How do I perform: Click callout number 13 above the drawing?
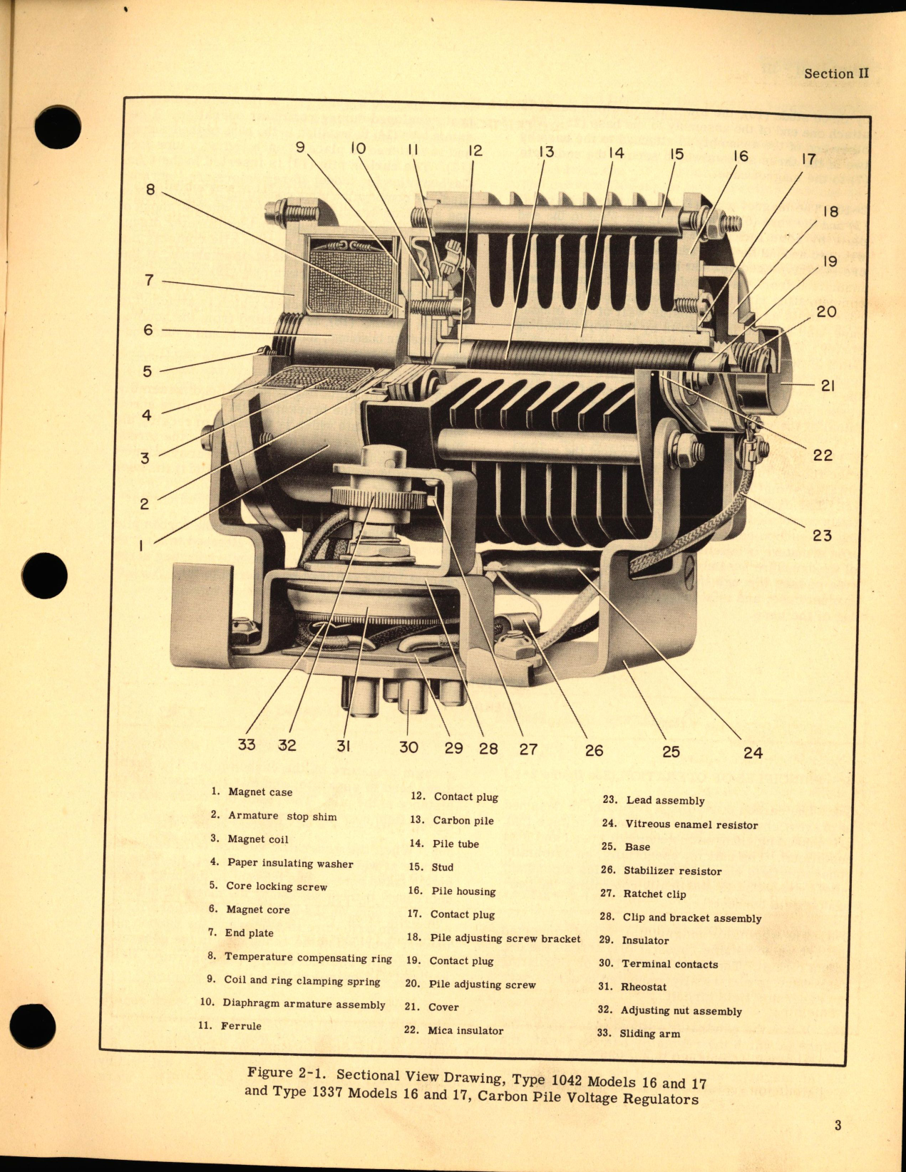(x=545, y=152)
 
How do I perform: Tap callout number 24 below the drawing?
(x=753, y=752)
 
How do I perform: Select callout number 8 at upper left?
(x=150, y=190)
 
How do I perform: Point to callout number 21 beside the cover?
(x=827, y=385)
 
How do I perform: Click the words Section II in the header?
(x=836, y=73)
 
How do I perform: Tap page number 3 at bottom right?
(x=838, y=1125)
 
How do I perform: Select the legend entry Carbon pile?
(x=463, y=820)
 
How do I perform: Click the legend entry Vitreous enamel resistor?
(x=691, y=824)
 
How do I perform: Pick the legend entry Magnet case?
(x=259, y=792)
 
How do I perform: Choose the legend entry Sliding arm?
(x=649, y=1033)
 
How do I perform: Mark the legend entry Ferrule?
(x=240, y=1026)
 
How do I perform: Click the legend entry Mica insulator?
(x=465, y=1030)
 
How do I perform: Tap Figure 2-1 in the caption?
(x=288, y=1073)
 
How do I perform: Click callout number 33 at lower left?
(x=246, y=745)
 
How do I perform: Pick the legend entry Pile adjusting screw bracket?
(x=505, y=938)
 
